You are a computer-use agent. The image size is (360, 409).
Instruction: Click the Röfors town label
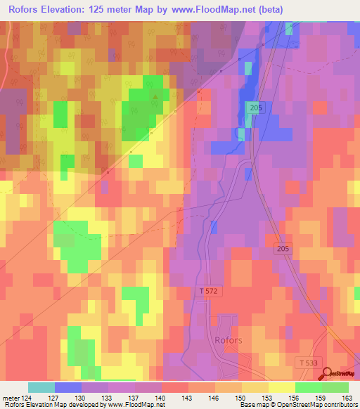(x=224, y=340)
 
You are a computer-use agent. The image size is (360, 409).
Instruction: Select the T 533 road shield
(x=305, y=361)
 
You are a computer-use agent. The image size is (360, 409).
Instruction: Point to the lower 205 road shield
(x=282, y=249)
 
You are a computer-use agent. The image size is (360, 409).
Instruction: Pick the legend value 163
(x=348, y=397)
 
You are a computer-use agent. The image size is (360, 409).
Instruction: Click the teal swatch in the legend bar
(x=41, y=387)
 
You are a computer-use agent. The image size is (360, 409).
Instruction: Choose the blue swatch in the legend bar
(x=68, y=387)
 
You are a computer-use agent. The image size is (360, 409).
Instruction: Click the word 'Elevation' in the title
(x=67, y=9)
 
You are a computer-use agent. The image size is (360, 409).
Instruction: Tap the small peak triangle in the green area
(x=154, y=97)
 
